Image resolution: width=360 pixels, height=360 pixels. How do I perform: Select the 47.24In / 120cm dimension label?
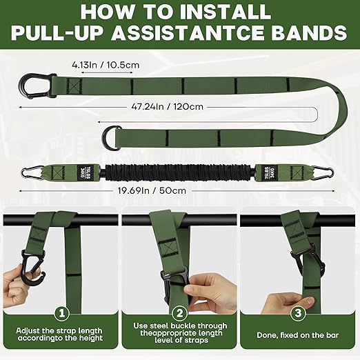point(179,107)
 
